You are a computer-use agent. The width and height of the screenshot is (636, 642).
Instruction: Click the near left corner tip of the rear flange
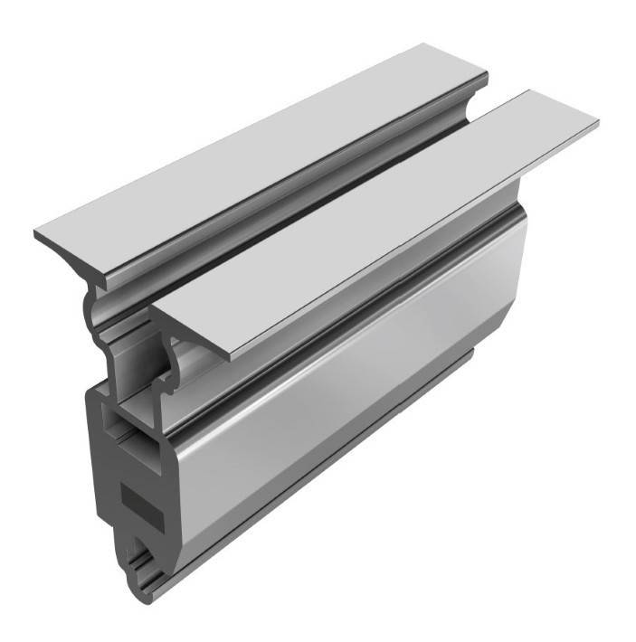point(35,236)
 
